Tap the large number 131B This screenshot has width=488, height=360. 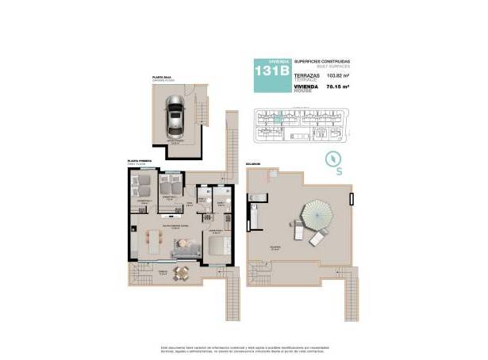[271, 71]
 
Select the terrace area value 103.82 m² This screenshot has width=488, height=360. [338, 77]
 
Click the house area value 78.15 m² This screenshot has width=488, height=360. [339, 88]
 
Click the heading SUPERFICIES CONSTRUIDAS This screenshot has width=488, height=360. [321, 61]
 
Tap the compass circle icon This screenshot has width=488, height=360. [338, 155]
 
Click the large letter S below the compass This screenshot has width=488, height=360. [339, 170]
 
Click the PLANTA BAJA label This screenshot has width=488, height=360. [163, 76]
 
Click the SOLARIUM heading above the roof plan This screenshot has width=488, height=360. [253, 165]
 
